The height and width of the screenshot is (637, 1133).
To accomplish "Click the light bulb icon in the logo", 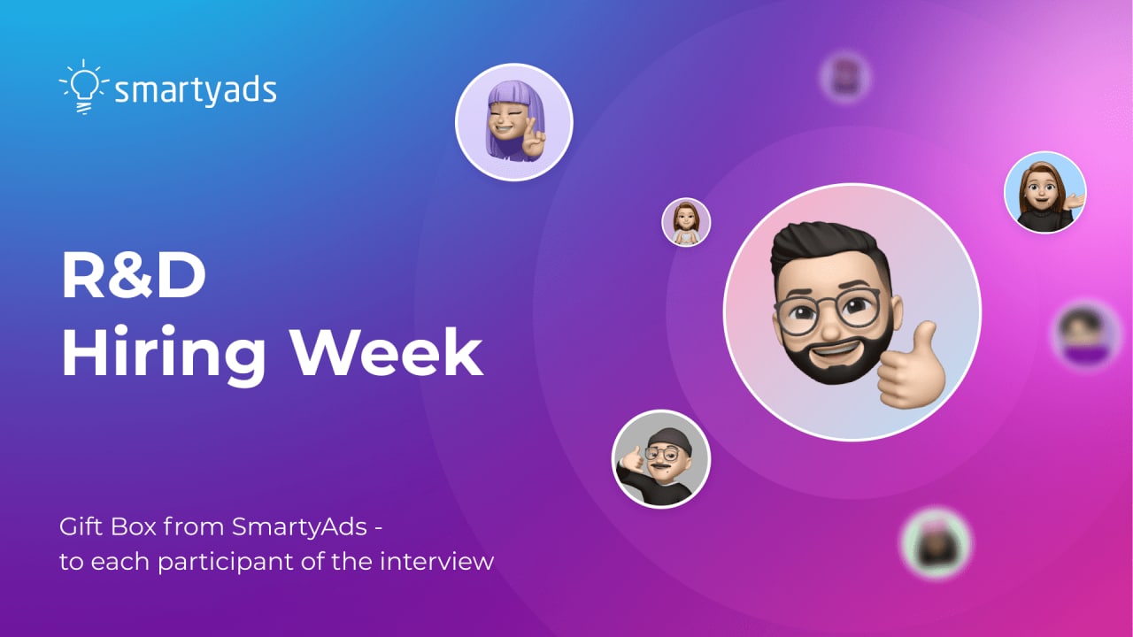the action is pyautogui.click(x=84, y=87).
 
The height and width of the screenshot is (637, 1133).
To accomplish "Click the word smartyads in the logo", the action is pyautogui.click(x=196, y=91).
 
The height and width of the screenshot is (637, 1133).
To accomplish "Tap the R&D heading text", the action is pyautogui.click(x=134, y=275).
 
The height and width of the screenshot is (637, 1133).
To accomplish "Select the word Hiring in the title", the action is pyautogui.click(x=164, y=354).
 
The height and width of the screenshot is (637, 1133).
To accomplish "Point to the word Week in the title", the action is pyautogui.click(x=388, y=351).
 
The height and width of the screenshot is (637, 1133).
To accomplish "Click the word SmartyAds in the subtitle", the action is pyautogui.click(x=299, y=528).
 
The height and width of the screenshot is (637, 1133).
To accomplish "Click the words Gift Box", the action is pyautogui.click(x=107, y=526).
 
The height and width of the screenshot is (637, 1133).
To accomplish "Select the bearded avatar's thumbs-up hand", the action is pyautogui.click(x=911, y=367).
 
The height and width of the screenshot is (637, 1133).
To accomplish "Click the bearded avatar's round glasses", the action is pyautogui.click(x=828, y=310).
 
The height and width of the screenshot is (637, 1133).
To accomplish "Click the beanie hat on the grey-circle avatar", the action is pyautogui.click(x=670, y=441).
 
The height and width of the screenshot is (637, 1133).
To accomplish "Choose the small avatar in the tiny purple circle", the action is pyautogui.click(x=686, y=222).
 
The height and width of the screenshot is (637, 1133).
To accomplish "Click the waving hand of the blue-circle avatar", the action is pyautogui.click(x=1074, y=200).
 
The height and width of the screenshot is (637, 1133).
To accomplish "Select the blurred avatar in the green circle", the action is pyautogui.click(x=936, y=543).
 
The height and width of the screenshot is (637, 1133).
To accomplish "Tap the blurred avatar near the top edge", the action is pyautogui.click(x=844, y=77).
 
